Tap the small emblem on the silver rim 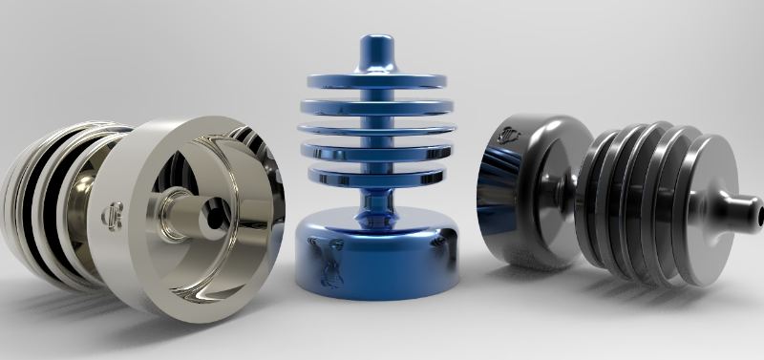(109, 212)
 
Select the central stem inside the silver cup (181, 209)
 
